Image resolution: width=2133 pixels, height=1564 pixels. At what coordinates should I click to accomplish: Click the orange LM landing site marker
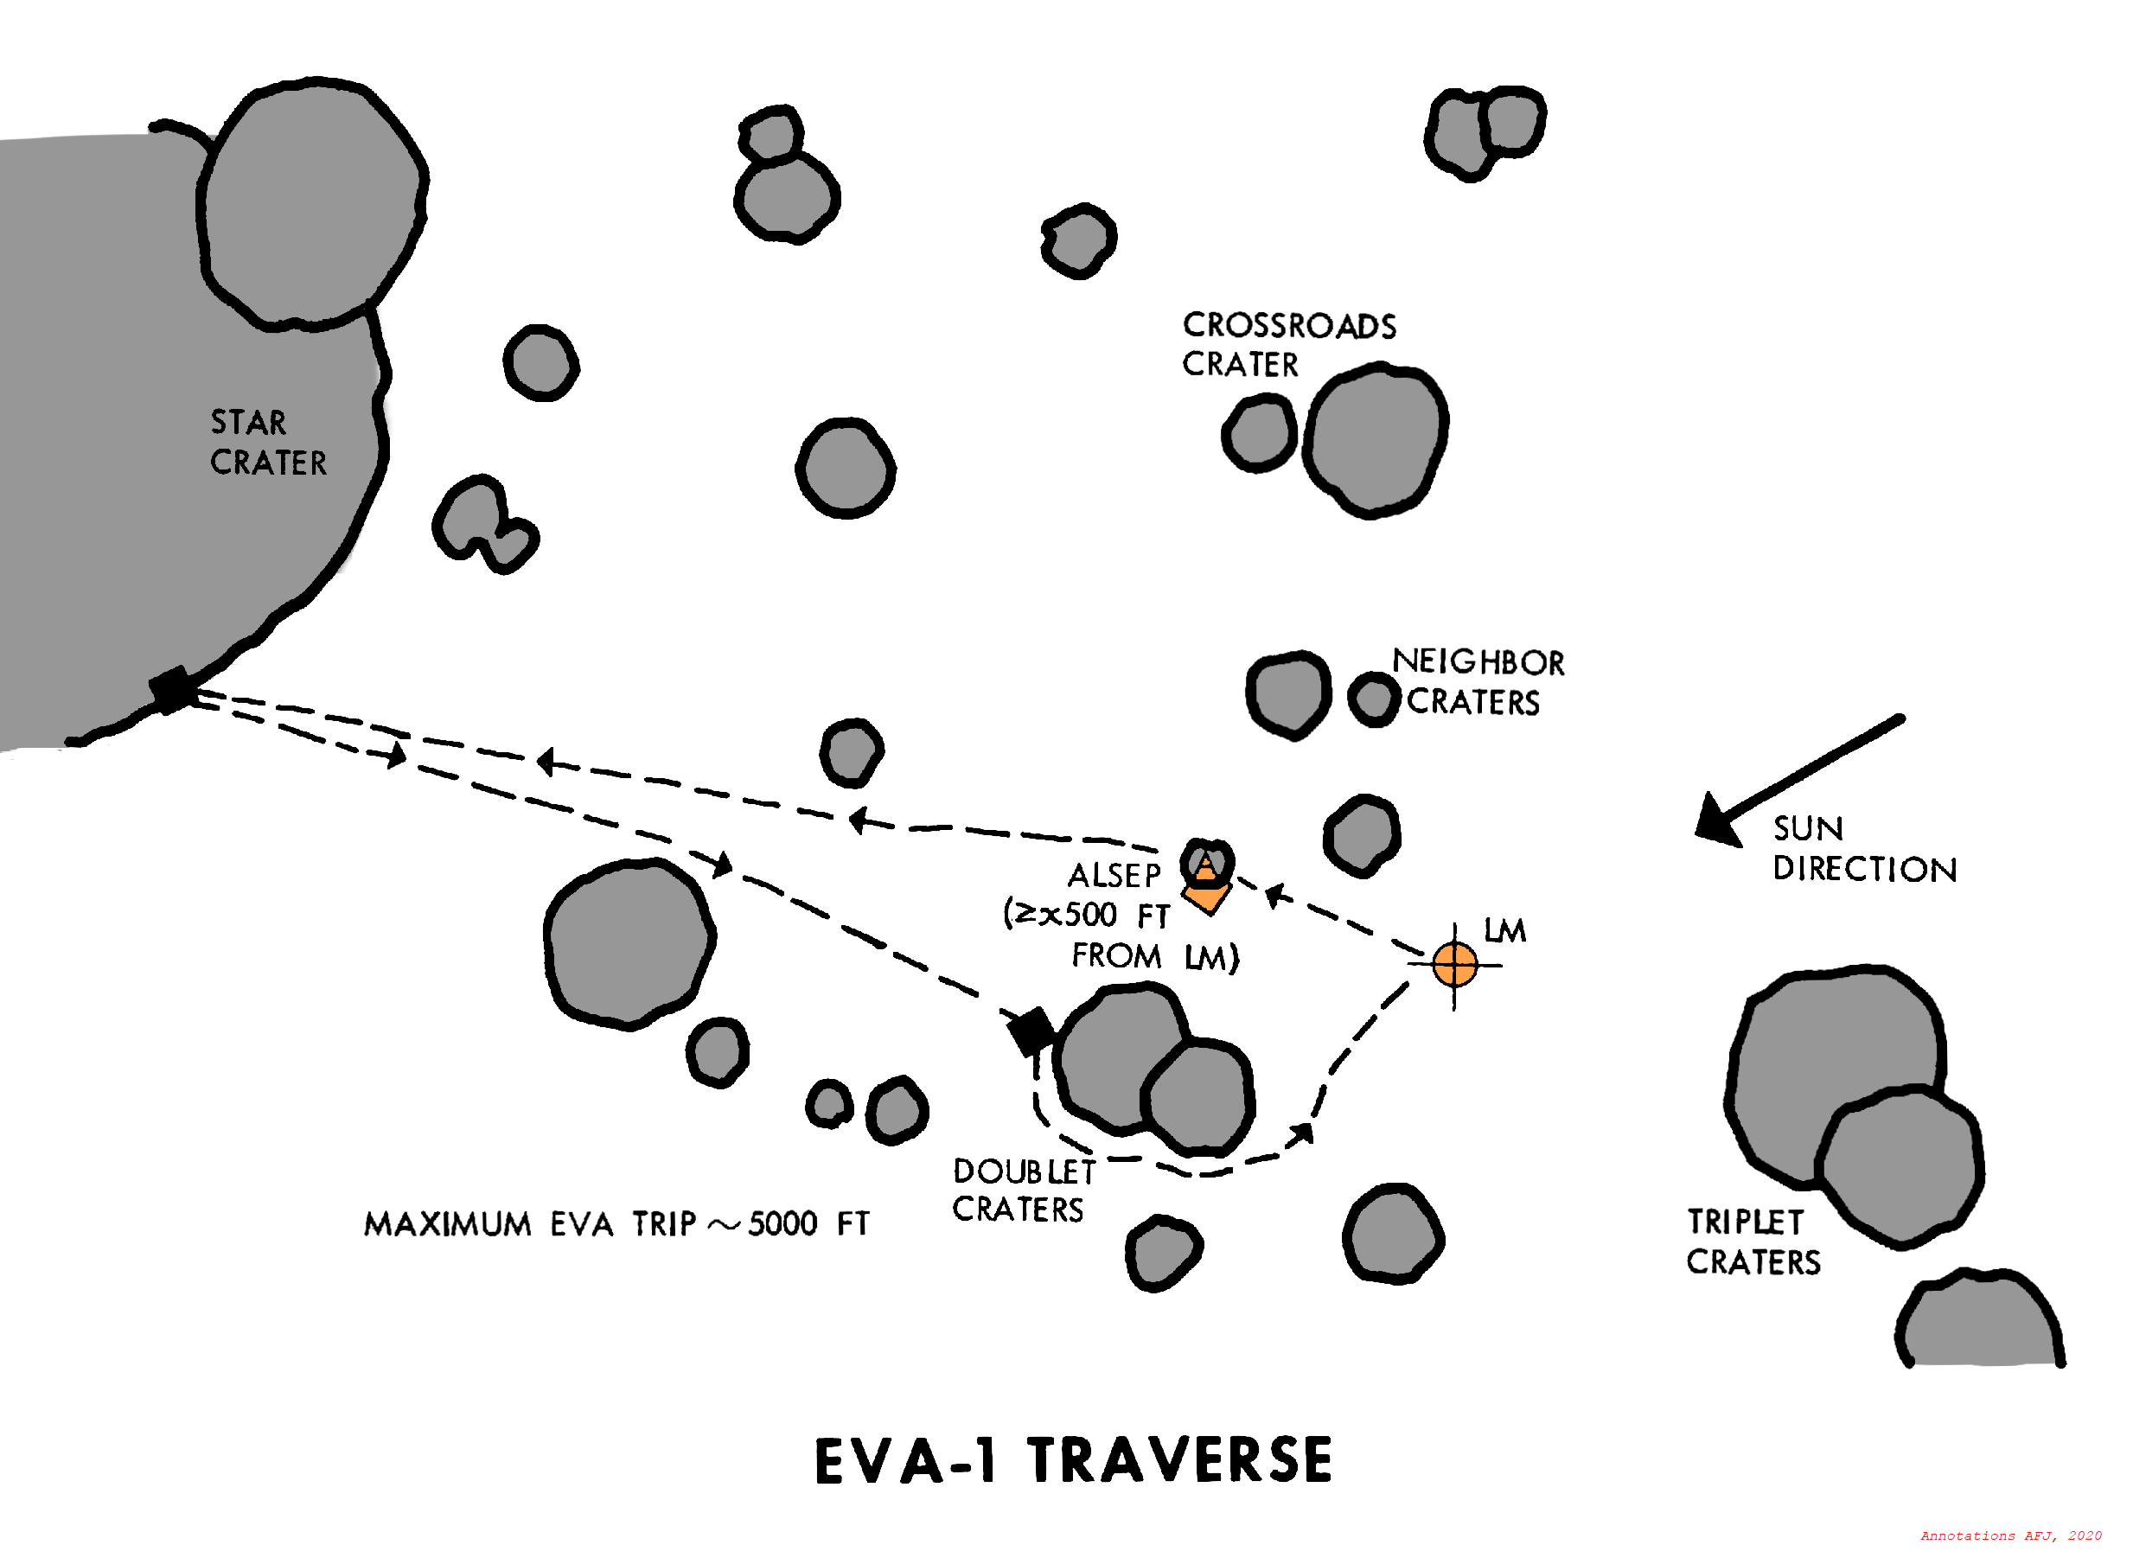click(1454, 965)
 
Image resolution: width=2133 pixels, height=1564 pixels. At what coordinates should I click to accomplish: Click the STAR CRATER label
click(268, 442)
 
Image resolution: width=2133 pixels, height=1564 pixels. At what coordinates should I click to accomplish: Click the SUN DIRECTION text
click(1862, 849)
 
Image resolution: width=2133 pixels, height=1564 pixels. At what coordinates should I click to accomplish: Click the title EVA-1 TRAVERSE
click(1074, 1461)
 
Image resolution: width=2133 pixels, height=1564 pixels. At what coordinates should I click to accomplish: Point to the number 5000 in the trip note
click(782, 1224)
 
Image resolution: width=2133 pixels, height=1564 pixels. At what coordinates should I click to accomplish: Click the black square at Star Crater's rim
click(172, 690)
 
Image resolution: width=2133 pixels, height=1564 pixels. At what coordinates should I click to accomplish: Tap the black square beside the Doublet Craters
click(1030, 1030)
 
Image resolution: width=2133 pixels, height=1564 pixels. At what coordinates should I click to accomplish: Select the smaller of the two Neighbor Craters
click(1374, 700)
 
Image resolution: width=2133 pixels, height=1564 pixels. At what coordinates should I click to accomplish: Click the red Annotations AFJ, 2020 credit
click(2010, 1535)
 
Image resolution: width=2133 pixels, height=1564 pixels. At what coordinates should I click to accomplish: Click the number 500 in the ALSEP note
click(1089, 915)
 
